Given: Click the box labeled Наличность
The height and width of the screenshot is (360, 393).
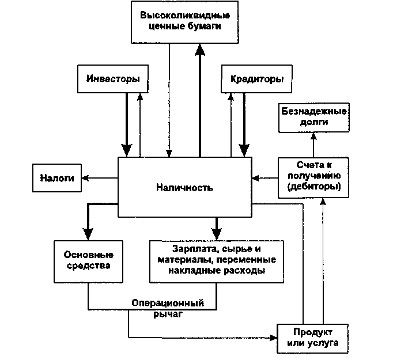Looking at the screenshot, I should pos(185,187).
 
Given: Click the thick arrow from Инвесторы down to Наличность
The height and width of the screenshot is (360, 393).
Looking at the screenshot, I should pos(126,124).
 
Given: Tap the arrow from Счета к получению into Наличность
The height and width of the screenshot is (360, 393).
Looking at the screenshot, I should pos(266,177).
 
